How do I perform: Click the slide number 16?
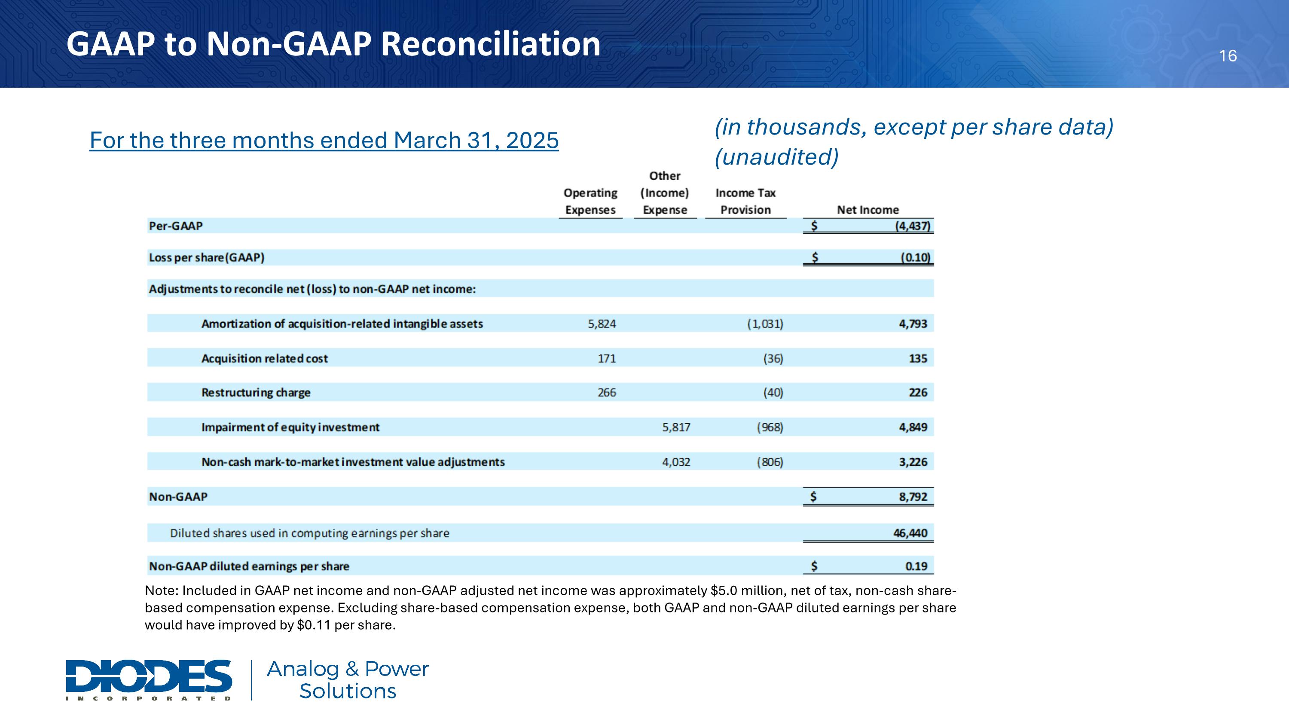coord(1228,56)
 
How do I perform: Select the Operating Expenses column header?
coord(590,201)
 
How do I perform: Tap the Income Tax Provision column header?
coord(745,201)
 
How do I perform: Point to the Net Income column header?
coord(867,210)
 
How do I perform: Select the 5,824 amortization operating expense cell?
coord(602,324)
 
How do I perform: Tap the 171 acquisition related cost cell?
coord(607,358)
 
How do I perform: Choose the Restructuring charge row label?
coord(256,392)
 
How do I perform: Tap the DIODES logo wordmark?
coord(149,676)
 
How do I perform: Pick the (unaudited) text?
coord(776,156)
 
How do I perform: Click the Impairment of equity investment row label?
coord(290,427)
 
